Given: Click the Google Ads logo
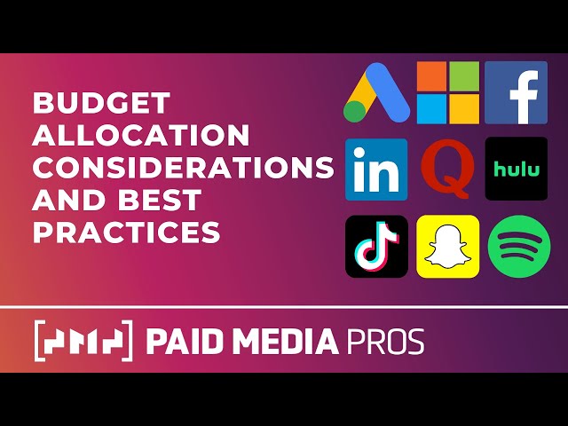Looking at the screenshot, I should [x=376, y=92].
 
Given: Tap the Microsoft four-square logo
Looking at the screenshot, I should [x=448, y=92].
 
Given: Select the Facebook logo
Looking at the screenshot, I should [x=516, y=92].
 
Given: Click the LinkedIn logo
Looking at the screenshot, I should [x=376, y=169].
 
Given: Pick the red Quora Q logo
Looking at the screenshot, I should [x=448, y=169].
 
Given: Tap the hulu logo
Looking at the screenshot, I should [x=516, y=169].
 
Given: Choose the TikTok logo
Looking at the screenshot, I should [x=376, y=246].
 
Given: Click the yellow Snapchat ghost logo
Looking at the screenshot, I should [x=448, y=246].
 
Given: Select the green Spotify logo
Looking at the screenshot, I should [x=517, y=246].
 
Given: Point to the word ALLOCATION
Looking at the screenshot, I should [x=141, y=135].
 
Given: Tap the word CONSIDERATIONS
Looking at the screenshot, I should [x=183, y=168].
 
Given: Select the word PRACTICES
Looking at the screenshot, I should [x=126, y=232].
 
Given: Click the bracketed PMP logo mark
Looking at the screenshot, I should [x=83, y=341].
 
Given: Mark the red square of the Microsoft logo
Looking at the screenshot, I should [x=432, y=76].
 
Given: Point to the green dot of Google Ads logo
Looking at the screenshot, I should [x=355, y=111].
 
